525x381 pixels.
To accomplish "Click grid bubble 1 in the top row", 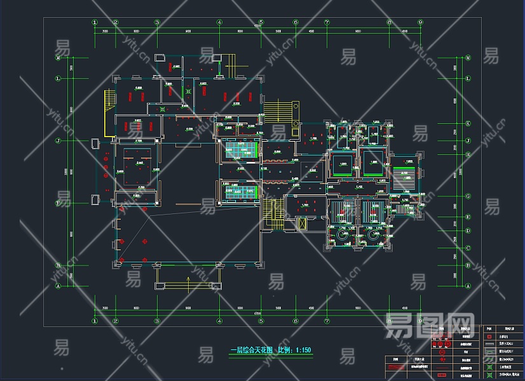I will point(95,22).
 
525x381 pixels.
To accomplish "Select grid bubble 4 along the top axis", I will point(219,22).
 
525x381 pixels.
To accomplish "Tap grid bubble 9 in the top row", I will point(420,22).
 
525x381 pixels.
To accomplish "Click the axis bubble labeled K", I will point(468,123).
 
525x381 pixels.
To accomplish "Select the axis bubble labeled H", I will point(468,154).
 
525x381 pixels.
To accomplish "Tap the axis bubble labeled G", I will point(468,196).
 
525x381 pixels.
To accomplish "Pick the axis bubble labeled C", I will point(468,248).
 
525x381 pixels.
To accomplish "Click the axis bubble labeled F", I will point(58,203).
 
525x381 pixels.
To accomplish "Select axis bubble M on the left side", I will point(58,58).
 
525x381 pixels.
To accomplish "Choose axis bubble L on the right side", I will point(468,79).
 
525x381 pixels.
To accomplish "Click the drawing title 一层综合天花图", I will point(251,350).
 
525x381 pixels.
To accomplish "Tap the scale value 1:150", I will point(303,350).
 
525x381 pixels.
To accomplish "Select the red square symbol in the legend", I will point(489,337).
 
